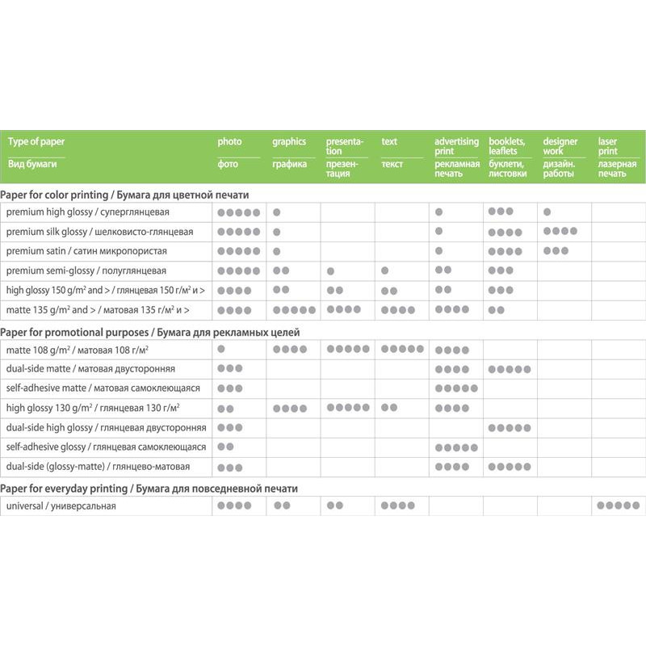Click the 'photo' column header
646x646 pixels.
point(229,141)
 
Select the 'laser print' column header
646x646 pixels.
point(608,146)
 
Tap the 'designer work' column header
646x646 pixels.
point(560,146)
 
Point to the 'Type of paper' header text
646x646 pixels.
point(36,141)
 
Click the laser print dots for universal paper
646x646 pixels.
point(618,505)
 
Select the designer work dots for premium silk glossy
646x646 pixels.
point(560,231)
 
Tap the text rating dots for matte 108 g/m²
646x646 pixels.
point(402,349)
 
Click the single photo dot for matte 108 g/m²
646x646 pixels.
point(221,349)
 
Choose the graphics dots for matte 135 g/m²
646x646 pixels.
point(294,309)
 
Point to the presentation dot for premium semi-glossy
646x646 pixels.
point(330,271)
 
